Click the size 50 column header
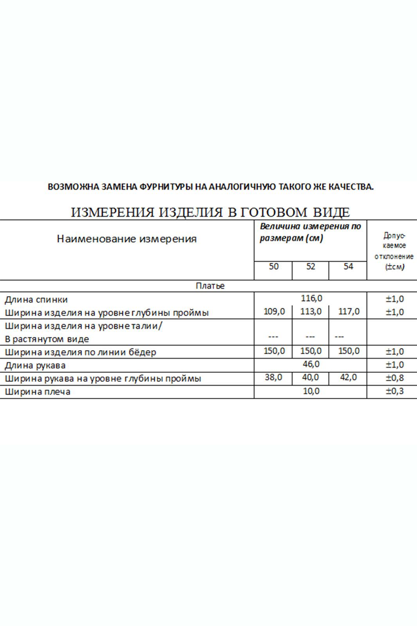click(273, 266)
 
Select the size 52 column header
click(311, 266)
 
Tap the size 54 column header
click(348, 266)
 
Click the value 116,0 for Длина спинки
click(311, 299)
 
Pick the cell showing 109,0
click(274, 312)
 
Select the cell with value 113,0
click(311, 312)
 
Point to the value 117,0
click(349, 312)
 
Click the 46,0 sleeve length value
click(311, 364)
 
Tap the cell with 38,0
click(274, 378)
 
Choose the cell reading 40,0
click(311, 378)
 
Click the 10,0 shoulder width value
click(311, 391)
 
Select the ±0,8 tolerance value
click(395, 378)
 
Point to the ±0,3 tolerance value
click(395, 391)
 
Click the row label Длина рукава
click(35, 365)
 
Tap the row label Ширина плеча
click(38, 392)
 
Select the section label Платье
click(210, 286)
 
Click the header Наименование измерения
click(127, 239)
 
